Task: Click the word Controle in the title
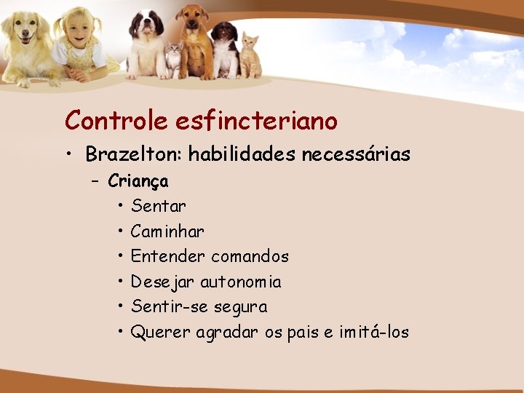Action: (x=116, y=120)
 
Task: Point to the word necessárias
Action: (x=357, y=155)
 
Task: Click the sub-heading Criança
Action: (x=138, y=181)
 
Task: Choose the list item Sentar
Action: (x=159, y=207)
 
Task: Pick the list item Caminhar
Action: (x=167, y=232)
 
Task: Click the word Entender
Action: (x=168, y=257)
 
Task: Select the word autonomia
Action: (x=240, y=282)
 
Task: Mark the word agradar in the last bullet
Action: (x=244, y=333)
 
